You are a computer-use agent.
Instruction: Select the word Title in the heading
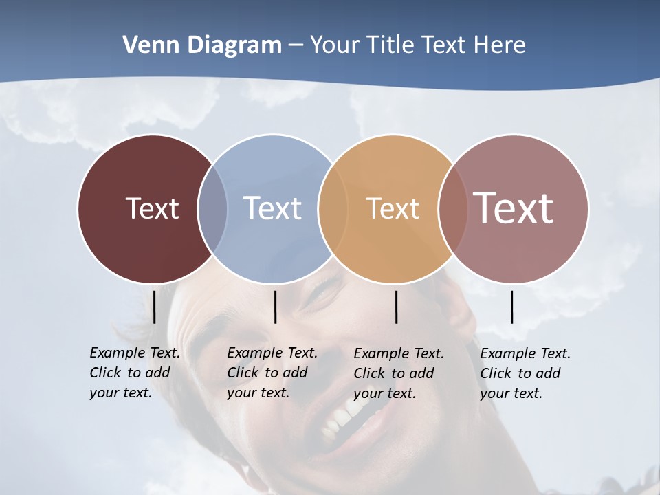(x=389, y=45)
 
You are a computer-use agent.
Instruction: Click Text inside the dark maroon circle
(x=152, y=208)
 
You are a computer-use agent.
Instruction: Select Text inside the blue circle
(x=272, y=208)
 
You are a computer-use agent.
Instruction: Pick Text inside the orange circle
(x=393, y=208)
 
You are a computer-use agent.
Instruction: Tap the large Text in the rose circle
(x=514, y=208)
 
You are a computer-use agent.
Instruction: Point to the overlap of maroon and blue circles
(x=212, y=209)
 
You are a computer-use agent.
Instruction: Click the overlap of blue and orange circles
(x=333, y=209)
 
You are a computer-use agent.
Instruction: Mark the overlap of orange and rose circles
(x=453, y=209)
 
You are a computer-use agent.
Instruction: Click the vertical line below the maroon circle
(x=155, y=307)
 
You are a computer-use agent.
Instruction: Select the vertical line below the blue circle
(x=275, y=307)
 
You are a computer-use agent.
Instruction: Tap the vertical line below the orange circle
(x=396, y=307)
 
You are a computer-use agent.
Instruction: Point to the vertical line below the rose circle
(x=511, y=307)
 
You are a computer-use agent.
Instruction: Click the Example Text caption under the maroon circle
(x=134, y=373)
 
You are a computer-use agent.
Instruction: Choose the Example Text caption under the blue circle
(x=272, y=373)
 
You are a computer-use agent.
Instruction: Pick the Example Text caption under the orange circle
(x=398, y=373)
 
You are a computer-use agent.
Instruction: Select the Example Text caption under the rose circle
(x=525, y=373)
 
